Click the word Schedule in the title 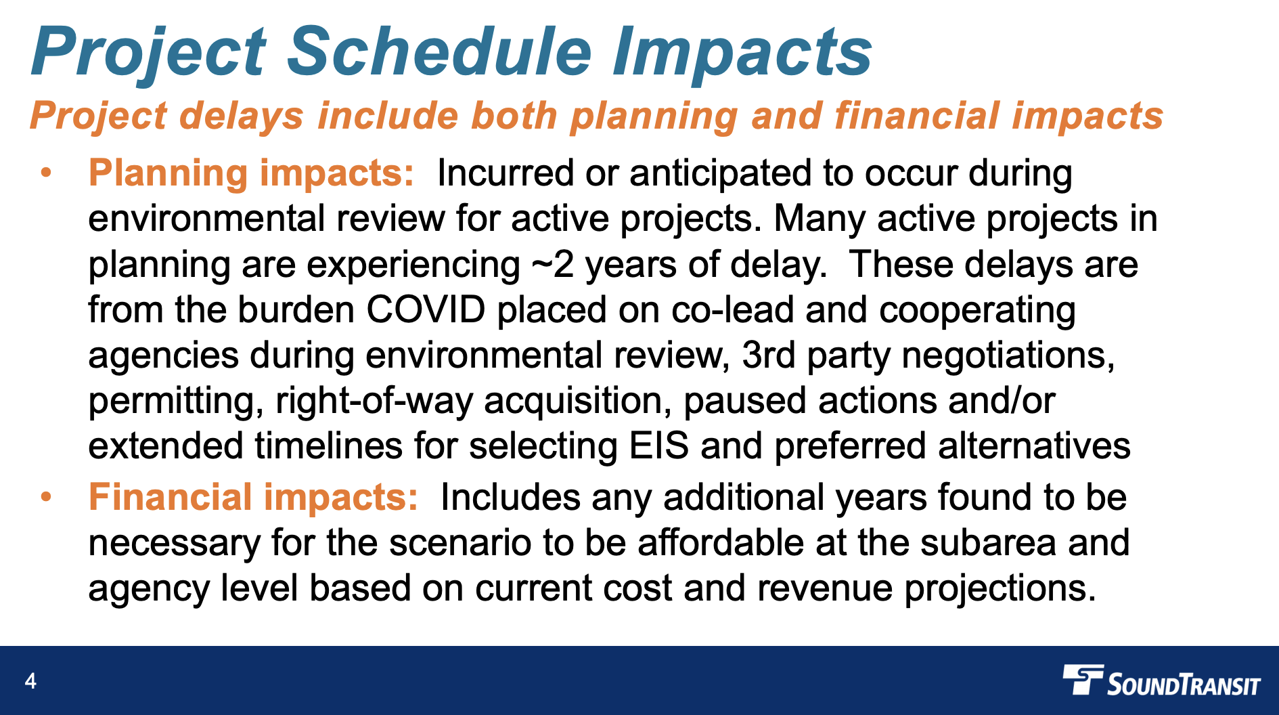point(439,52)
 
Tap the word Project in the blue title point(149,52)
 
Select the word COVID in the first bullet point(426,310)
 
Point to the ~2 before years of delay point(553,265)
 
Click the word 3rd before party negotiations point(768,355)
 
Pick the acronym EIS point(658,446)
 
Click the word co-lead point(732,310)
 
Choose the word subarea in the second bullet point(988,543)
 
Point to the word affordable point(721,543)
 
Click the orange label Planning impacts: point(251,173)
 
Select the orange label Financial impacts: point(253,498)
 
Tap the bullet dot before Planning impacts point(46,173)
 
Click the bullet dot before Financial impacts point(46,497)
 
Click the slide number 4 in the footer point(30,680)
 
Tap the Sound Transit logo point(1161,681)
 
